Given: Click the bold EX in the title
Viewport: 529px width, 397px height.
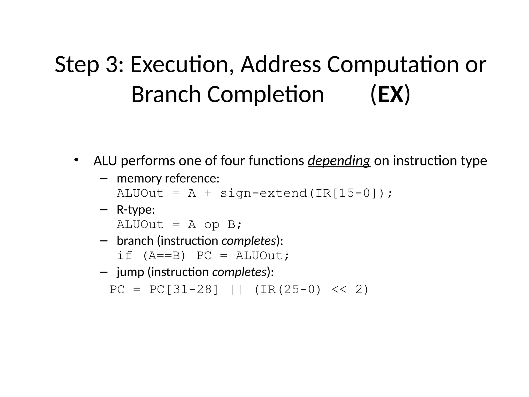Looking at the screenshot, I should pos(390,95).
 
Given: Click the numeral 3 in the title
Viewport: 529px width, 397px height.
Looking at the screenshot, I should pos(112,65).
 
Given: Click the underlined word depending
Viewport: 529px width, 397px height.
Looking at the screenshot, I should pos(339,161).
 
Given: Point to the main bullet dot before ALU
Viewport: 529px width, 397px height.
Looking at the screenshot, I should pos(76,159).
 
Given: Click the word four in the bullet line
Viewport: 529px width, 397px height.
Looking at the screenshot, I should pos(232,161).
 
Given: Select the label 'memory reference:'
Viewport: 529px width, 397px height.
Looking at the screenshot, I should pos(168,178).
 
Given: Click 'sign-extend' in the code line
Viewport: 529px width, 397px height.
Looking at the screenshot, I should pos(263,193).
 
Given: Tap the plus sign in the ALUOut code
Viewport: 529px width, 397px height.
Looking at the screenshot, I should pos(208,193).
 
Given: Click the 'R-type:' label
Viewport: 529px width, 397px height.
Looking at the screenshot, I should pos(136,210).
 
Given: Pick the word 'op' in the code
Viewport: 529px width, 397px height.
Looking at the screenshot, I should pos(212,225).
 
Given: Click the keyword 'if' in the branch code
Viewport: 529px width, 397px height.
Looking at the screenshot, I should pos(125,256).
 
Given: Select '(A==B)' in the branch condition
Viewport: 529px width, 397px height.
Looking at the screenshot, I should pos(164,256).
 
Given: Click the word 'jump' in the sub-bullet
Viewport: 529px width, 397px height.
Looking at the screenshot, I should pos(130,272).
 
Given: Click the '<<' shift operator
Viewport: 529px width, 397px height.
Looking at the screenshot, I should pos(339,289).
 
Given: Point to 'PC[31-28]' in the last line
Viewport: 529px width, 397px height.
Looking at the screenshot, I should pos(184,289).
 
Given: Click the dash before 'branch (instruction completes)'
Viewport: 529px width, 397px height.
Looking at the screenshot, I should pos(103,241).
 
